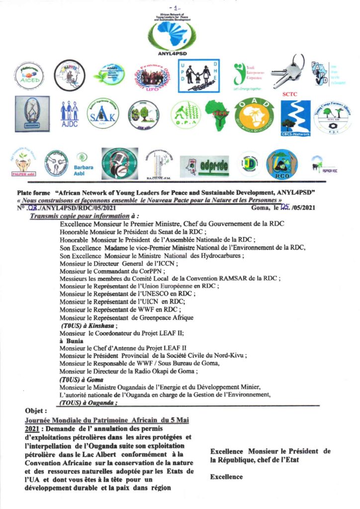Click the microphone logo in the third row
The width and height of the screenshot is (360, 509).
pyautogui.click(x=120, y=164)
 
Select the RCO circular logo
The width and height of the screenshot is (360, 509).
pyautogui.click(x=281, y=164)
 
